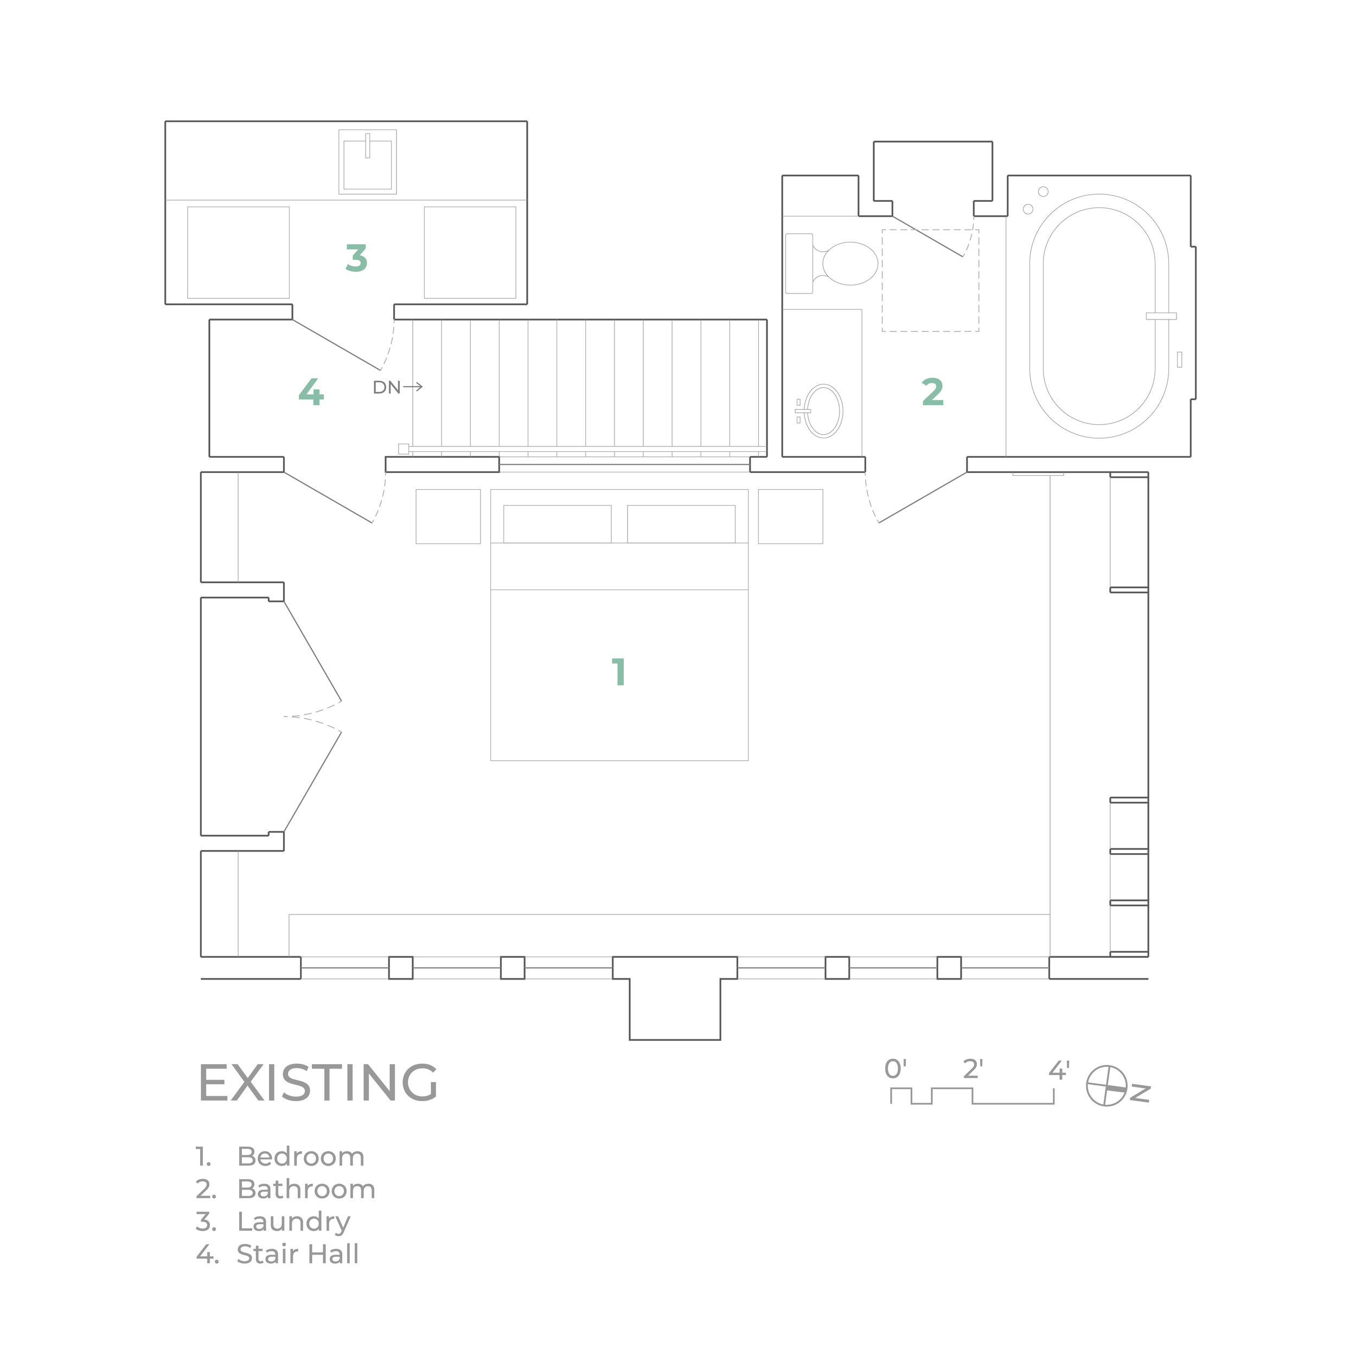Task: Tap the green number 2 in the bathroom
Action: pos(933,392)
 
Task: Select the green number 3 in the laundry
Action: pos(356,258)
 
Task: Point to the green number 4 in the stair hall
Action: pos(311,392)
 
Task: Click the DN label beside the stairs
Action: pos(387,387)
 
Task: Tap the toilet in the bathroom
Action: pos(831,263)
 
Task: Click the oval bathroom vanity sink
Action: pos(823,411)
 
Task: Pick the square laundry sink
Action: pos(367,162)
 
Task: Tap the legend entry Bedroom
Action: pos(300,1157)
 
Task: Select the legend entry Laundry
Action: pos(293,1222)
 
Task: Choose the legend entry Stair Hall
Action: pos(298,1254)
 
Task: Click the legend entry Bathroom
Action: pos(306,1189)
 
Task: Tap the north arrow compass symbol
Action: pos(1107,1086)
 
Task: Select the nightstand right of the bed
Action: pos(790,516)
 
